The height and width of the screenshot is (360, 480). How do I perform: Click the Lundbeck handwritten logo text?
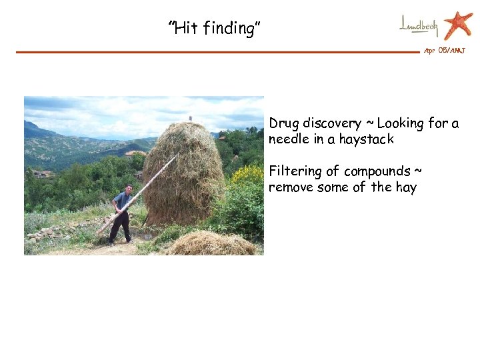[419, 25]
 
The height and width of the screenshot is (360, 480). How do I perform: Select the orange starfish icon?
[458, 25]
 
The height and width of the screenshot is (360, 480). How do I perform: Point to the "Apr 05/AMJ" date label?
[445, 51]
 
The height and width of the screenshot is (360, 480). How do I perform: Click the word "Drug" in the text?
[284, 123]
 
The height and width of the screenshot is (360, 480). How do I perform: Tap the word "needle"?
[287, 139]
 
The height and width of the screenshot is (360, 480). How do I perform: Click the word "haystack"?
[366, 139]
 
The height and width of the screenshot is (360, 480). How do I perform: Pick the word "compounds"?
[378, 171]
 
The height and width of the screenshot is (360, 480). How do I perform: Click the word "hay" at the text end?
[405, 187]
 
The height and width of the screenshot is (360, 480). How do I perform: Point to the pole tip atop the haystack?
[190, 119]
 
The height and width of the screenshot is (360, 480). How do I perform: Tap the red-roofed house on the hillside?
[135, 153]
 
